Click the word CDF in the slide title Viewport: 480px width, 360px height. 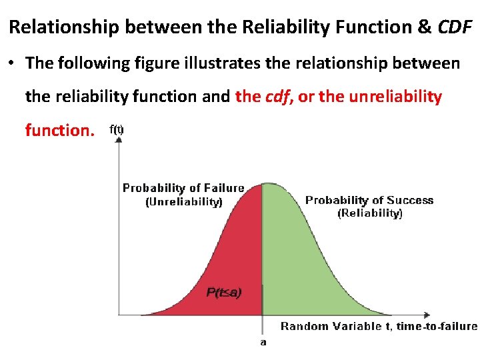[455, 28]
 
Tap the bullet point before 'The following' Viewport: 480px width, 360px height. [13, 64]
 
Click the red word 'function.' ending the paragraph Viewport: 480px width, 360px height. [59, 130]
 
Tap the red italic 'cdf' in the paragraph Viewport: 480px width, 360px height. [277, 97]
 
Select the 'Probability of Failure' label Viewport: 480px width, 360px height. [183, 188]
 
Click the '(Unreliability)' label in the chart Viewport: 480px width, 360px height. [183, 201]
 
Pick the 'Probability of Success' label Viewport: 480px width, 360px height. [369, 200]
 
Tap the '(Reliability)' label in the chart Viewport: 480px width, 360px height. [369, 213]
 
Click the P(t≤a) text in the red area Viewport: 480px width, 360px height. [224, 292]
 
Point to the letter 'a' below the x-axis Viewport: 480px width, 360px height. [263, 342]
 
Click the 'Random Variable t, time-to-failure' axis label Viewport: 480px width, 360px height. [379, 326]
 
